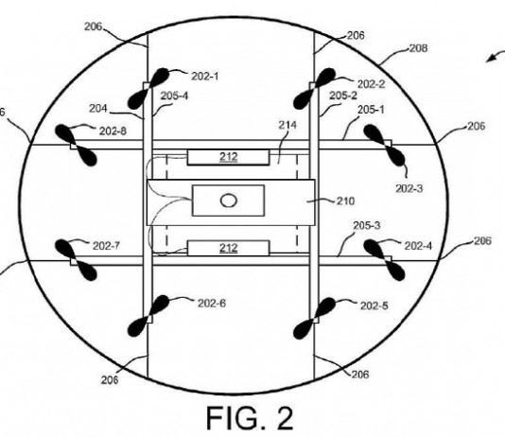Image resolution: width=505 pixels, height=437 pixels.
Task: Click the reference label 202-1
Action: pyautogui.click(x=205, y=77)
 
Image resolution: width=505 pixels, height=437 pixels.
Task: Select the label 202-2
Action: pyautogui.click(x=372, y=84)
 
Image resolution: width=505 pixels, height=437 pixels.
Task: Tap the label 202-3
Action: pyautogui.click(x=409, y=188)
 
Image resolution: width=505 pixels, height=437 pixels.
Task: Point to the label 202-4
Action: pyautogui.click(x=418, y=246)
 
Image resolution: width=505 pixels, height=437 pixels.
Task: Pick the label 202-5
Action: pyautogui.click(x=374, y=306)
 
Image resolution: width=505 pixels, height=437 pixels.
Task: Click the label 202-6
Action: pyautogui.click(x=212, y=303)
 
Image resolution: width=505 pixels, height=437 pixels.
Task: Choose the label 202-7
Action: pyautogui.click(x=106, y=246)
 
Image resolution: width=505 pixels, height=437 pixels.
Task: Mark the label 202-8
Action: pyautogui.click(x=113, y=131)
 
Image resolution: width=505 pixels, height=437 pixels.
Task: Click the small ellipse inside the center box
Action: pyautogui.click(x=229, y=201)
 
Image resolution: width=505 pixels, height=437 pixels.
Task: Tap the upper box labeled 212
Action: pyautogui.click(x=228, y=157)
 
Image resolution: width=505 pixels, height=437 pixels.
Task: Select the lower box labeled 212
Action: pyautogui.click(x=228, y=248)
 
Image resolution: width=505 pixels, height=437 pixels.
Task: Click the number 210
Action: pyautogui.click(x=345, y=201)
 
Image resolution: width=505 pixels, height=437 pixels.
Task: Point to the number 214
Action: pyautogui.click(x=287, y=125)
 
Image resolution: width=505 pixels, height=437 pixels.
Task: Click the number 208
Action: pyautogui.click(x=418, y=48)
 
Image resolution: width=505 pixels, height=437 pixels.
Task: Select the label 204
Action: pyautogui.click(x=98, y=109)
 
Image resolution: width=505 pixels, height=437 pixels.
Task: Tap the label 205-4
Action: pyautogui.click(x=174, y=96)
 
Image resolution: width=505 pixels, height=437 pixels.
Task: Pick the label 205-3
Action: pyautogui.click(x=367, y=225)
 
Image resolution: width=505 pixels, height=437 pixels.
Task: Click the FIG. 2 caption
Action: pyautogui.click(x=250, y=418)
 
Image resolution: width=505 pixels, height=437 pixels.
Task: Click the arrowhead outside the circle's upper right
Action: pyautogui.click(x=491, y=58)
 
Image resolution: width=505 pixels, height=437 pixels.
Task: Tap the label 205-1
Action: pyautogui.click(x=371, y=110)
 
